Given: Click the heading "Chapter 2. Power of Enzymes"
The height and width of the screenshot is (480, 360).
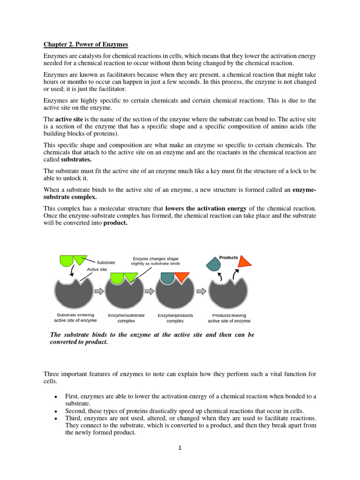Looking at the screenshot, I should coord(86,45).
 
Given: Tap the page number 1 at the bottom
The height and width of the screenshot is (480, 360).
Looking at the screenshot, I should coord(180,448).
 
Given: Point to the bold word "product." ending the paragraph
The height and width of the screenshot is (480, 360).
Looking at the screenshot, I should coord(115,223).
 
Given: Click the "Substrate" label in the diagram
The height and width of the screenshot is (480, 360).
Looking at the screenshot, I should coord(106,262).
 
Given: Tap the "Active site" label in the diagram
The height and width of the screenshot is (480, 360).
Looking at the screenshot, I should coord(97,270).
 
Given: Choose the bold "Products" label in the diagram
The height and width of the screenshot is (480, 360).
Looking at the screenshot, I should coord(229,258).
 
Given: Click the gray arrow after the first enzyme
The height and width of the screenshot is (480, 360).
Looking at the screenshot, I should coord(99,292).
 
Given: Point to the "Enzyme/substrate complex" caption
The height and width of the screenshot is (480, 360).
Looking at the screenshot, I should coord(126,318).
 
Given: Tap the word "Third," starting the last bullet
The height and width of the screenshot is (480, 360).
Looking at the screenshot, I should coord(74,418).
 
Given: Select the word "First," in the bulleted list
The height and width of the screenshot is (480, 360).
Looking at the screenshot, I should coord(73,397).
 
